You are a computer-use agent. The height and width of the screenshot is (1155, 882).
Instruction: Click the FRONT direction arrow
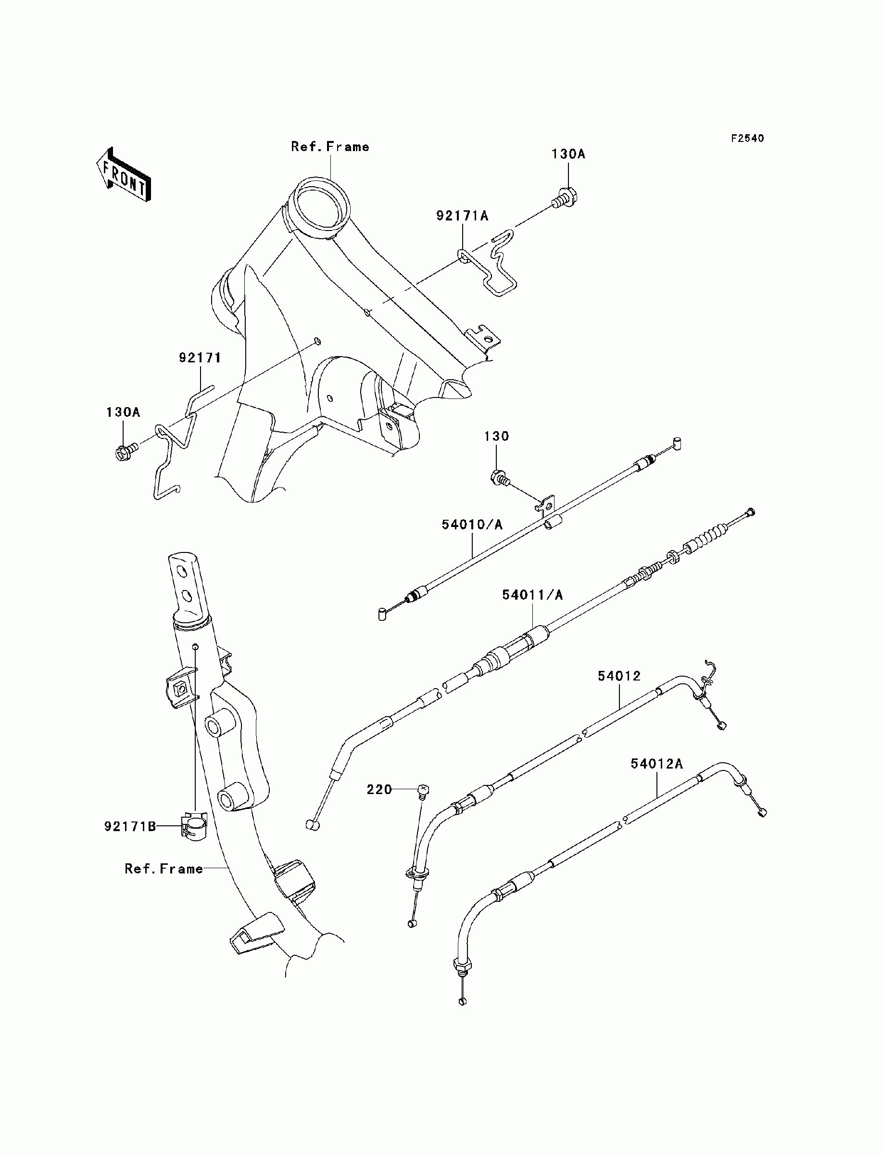coord(124,175)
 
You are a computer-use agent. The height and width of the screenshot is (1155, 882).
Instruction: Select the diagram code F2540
coord(748,138)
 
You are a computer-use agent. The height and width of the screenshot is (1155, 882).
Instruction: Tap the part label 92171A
coord(462,216)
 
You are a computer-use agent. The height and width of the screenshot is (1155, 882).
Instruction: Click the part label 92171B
coord(130,826)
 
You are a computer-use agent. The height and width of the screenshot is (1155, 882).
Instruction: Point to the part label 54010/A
coord(472,524)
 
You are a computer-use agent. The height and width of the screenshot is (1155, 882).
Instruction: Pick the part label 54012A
coord(657,764)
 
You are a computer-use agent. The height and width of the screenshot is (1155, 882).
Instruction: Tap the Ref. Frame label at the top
coord(330,147)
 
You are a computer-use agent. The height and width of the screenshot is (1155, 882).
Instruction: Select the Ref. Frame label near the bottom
coord(164,869)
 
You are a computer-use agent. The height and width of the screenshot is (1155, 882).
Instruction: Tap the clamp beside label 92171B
coord(194,825)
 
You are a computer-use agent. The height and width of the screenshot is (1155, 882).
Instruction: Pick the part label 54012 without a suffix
coord(619,676)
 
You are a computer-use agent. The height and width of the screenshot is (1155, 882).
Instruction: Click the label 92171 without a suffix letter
coord(200,358)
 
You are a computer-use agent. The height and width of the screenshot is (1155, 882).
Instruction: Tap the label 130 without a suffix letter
coord(496,436)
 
